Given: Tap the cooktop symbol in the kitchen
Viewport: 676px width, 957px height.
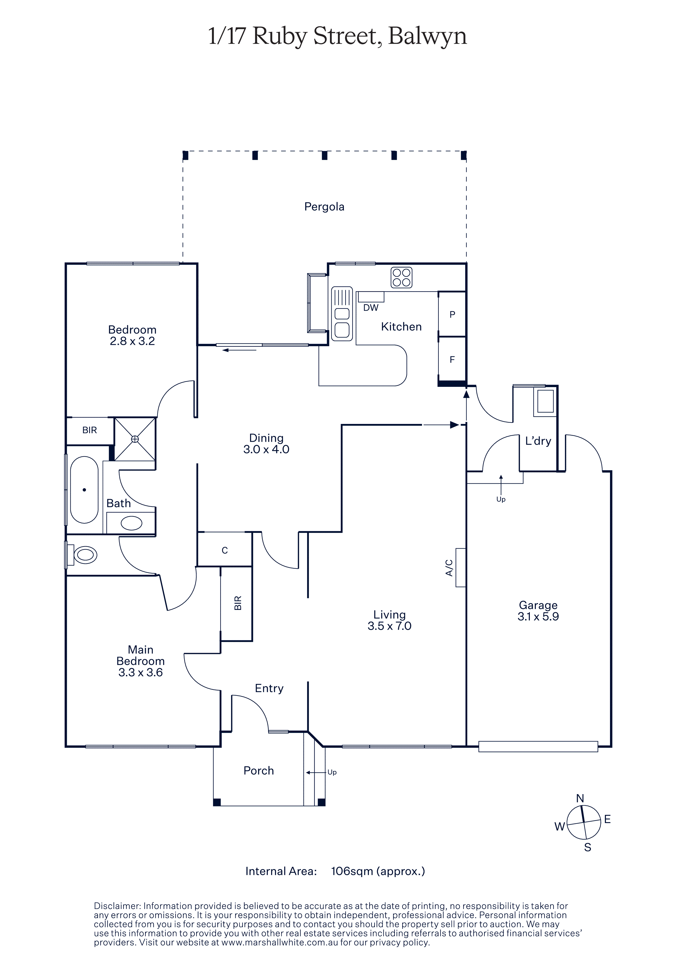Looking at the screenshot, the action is point(401,278).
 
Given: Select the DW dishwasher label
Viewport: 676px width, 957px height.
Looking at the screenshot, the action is point(371,308).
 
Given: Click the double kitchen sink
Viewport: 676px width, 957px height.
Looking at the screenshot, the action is point(342,313).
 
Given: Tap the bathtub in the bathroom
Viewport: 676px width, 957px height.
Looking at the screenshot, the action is point(84,490).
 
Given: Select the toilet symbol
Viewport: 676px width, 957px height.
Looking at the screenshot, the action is point(82,555).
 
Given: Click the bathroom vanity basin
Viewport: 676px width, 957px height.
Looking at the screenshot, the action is point(131,523).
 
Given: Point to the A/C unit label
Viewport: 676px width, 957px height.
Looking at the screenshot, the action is point(449,568).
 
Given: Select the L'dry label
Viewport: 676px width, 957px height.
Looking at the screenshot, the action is point(538,441).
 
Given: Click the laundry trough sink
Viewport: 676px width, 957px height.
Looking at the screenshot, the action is point(545,401).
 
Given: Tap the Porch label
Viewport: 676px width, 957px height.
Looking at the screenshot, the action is point(259,771).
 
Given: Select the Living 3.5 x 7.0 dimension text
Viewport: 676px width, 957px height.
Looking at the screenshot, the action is point(389,620).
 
